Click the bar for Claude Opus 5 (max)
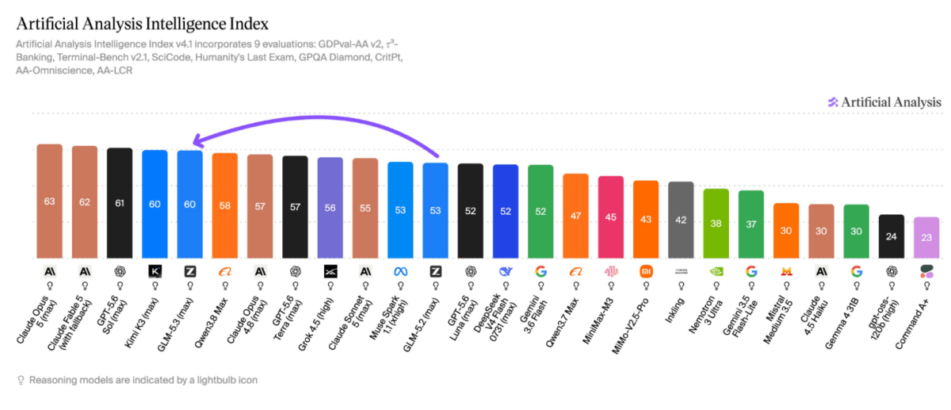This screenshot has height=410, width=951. (x=49, y=201)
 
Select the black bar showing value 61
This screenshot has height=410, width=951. (x=120, y=203)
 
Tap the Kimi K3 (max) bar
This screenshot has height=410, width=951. (x=155, y=204)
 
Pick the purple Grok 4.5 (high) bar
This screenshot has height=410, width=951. (x=330, y=208)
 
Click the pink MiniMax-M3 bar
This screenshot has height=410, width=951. (x=610, y=217)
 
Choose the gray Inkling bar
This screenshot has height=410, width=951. (x=681, y=220)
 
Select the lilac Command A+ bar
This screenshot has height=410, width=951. (x=926, y=237)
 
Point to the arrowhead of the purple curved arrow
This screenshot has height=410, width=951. (x=197, y=141)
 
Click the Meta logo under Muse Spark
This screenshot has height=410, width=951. (x=400, y=271)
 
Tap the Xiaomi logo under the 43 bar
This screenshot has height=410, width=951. (x=646, y=271)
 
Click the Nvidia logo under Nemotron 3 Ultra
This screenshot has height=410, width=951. (x=716, y=271)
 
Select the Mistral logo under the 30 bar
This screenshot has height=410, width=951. (x=786, y=271)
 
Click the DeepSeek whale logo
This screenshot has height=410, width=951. (x=506, y=271)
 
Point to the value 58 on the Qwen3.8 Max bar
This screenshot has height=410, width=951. (x=224, y=205)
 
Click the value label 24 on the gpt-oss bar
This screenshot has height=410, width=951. (x=891, y=236)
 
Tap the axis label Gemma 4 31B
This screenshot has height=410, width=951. (x=842, y=324)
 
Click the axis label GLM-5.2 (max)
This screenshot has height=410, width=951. (x=421, y=325)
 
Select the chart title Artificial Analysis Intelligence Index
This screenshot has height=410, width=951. (x=142, y=25)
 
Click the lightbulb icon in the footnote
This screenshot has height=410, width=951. (x=21, y=380)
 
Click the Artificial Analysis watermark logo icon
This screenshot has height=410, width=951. (x=833, y=102)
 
